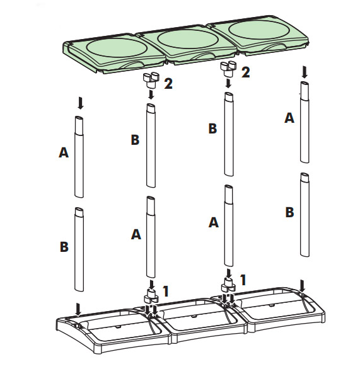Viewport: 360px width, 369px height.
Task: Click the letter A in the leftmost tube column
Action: click(x=63, y=152)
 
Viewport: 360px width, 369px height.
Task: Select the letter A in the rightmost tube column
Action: click(x=289, y=117)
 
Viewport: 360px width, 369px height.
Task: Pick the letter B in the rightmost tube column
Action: click(x=289, y=212)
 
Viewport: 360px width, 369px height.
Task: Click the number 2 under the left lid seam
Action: click(x=168, y=84)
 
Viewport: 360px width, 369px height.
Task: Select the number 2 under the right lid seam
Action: click(x=245, y=72)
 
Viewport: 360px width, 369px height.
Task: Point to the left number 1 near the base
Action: click(x=166, y=291)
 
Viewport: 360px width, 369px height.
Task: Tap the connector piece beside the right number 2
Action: click(x=227, y=67)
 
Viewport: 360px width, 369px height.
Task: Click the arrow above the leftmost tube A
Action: click(x=79, y=103)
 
